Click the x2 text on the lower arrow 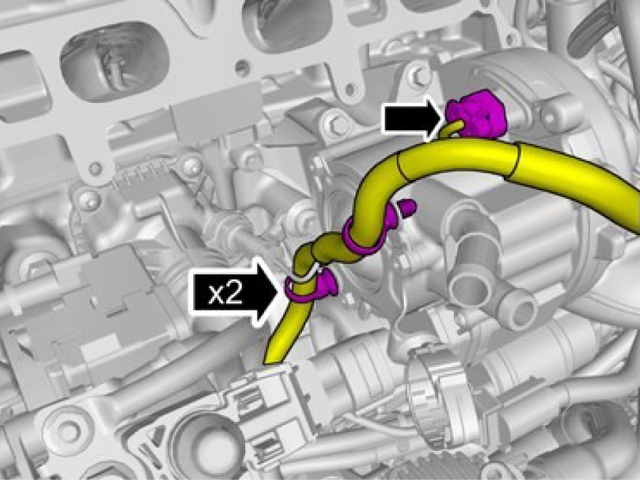point(226,294)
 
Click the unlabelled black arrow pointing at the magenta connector point(413,119)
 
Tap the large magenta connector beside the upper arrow point(477,114)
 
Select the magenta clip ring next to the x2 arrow point(310,286)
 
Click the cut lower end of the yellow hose point(274,361)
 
